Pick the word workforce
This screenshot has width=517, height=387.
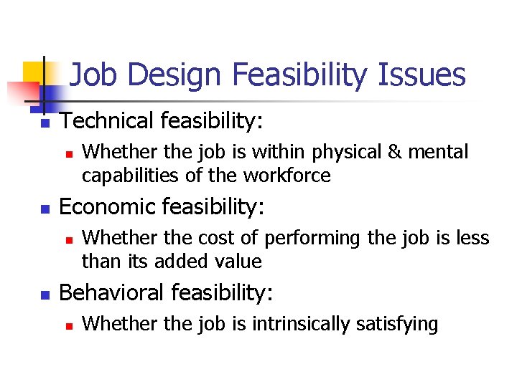pyautogui.click(x=287, y=176)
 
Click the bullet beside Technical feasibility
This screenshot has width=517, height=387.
pyautogui.click(x=44, y=123)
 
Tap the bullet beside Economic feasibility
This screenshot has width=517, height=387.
pyautogui.click(x=44, y=209)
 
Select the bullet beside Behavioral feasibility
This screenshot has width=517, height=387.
pyautogui.click(x=44, y=295)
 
